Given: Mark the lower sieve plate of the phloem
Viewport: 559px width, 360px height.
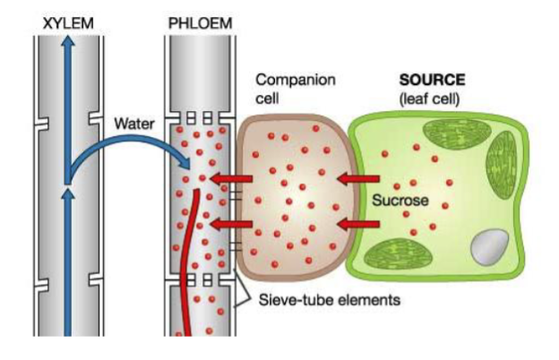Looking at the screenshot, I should pyautogui.click(x=199, y=280).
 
